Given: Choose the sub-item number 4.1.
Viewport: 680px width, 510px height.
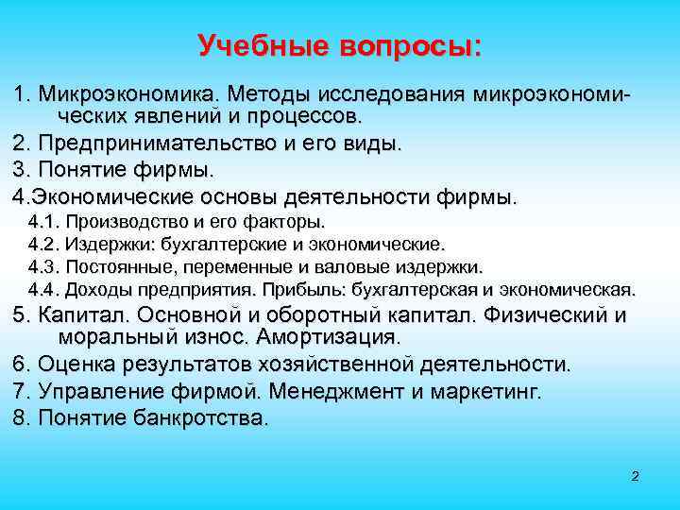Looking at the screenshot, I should pos(44,222).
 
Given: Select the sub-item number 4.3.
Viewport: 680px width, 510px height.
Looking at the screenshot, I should pos(44,266).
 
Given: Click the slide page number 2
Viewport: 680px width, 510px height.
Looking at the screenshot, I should pos(636,476).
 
